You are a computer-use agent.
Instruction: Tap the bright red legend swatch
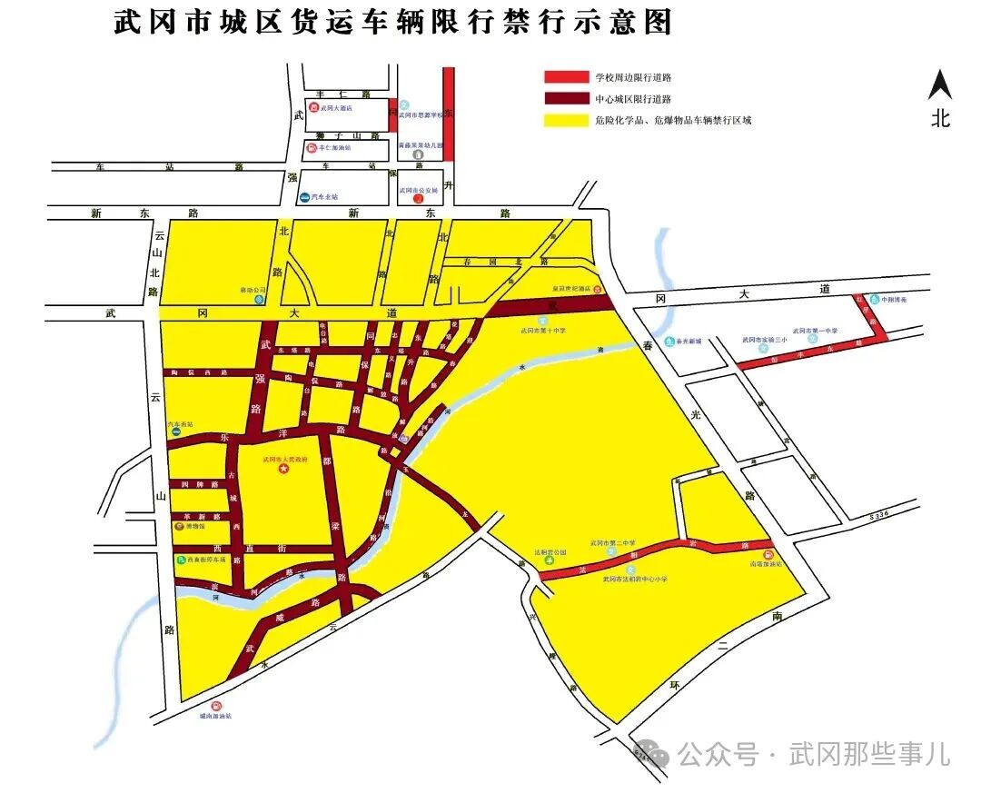point(566,77)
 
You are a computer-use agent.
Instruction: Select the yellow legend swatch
point(566,120)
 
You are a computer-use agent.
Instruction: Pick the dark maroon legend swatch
point(566,98)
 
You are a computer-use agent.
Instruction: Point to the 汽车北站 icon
point(304,196)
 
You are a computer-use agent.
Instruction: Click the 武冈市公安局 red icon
point(418,198)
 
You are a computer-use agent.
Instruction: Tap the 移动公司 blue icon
point(260,297)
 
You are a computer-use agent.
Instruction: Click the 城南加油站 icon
point(216,706)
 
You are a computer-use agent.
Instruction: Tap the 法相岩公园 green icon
point(549,560)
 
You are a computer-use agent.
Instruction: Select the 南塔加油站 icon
point(768,555)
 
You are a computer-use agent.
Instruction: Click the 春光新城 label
point(690,342)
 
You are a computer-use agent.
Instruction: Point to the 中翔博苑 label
point(894,299)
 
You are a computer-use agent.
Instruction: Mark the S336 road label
point(877,515)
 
